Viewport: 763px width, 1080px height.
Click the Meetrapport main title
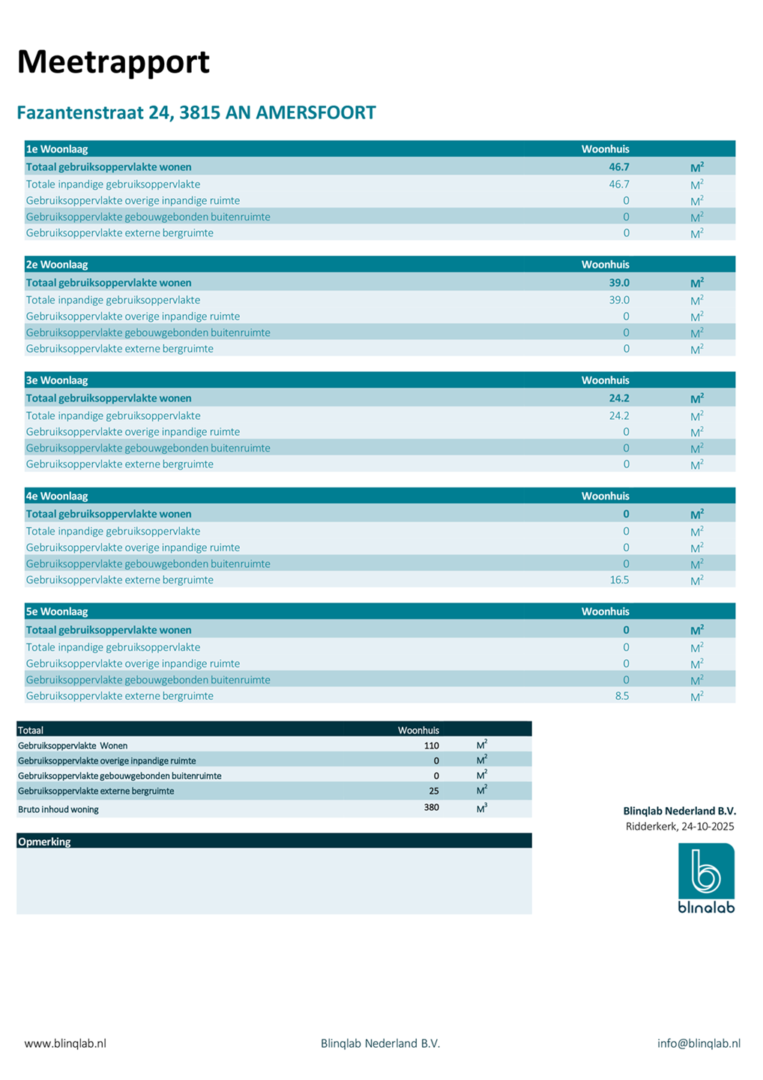[113, 62]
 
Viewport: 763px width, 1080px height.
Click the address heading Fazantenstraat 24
[196, 113]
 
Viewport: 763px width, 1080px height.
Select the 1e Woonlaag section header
[57, 149]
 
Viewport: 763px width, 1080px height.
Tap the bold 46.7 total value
[619, 167]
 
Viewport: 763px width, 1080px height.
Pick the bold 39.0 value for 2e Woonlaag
[619, 283]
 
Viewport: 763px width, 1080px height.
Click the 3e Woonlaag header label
[57, 380]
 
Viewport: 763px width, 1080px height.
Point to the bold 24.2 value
[619, 398]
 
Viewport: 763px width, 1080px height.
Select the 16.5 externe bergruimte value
[620, 580]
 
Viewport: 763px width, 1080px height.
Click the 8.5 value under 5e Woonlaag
[622, 696]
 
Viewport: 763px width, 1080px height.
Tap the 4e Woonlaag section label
[57, 496]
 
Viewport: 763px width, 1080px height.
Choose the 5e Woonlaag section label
[57, 611]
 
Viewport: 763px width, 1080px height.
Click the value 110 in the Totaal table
[431, 745]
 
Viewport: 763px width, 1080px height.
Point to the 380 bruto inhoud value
[431, 808]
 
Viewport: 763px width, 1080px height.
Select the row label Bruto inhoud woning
[58, 809]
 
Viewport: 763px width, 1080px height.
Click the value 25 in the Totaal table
[434, 790]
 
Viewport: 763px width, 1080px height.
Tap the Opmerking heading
[44, 841]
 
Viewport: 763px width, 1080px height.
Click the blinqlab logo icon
[706, 871]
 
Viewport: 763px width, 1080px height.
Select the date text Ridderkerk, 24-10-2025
[680, 826]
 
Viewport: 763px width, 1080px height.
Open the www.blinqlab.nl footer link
[65, 1043]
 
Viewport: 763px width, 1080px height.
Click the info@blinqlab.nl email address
[699, 1043]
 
